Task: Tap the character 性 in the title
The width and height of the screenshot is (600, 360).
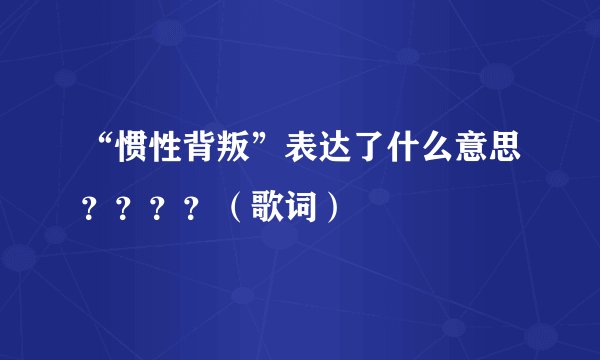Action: click(163, 151)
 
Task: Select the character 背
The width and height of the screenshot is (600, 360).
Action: click(196, 151)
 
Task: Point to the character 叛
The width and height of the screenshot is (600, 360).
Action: click(229, 151)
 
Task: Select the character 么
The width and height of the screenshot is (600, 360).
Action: click(436, 151)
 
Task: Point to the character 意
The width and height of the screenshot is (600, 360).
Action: click(469, 151)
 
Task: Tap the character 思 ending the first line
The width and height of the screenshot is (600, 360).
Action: click(502, 151)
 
